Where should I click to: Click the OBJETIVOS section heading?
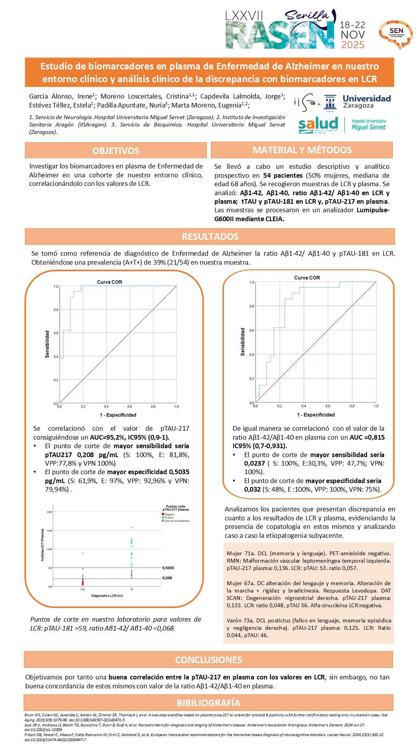point(116,151)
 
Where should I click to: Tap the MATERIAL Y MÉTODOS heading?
point(302,150)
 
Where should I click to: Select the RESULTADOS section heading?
point(210,237)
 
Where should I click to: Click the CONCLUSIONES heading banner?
point(209,660)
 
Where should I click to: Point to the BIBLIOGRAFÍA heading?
point(209,703)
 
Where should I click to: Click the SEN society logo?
point(396,33)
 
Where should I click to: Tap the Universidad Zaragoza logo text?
point(366,102)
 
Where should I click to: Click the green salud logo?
point(318,125)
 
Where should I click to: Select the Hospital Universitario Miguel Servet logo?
point(369,125)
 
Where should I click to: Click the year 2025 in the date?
point(353,45)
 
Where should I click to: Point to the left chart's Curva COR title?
point(109,282)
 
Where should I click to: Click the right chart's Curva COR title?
point(307,278)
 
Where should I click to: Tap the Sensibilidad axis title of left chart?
point(47,344)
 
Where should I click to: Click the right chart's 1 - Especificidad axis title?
point(316,415)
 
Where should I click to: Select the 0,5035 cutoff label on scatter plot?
point(168,568)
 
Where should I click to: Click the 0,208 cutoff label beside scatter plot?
point(167,578)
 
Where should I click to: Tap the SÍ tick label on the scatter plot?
point(131,589)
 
